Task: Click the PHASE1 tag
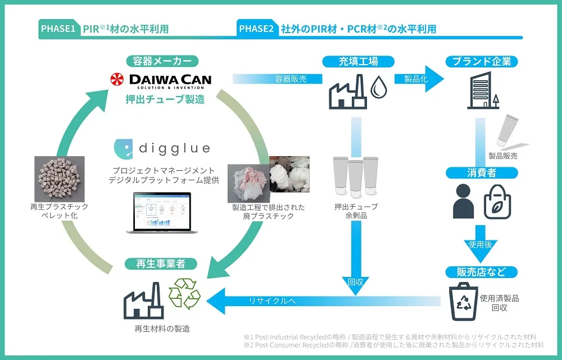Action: [x=58, y=29]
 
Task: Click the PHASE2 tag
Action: [x=257, y=29]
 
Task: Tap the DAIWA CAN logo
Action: [x=161, y=81]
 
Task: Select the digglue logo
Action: [x=162, y=148]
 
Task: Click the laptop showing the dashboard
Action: [x=162, y=213]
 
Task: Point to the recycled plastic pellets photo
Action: [x=60, y=179]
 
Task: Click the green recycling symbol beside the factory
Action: [x=184, y=294]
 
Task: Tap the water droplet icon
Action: [x=378, y=86]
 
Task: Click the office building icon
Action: [x=483, y=90]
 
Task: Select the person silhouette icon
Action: [x=463, y=201]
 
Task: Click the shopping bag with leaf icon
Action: [x=497, y=202]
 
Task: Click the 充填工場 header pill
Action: [x=359, y=62]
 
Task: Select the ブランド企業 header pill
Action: [x=482, y=62]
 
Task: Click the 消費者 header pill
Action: [x=482, y=173]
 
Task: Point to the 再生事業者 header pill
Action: [x=161, y=264]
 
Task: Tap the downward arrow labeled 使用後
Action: [x=481, y=244]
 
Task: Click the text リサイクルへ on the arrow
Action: [x=273, y=301]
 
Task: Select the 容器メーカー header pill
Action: [x=162, y=61]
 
